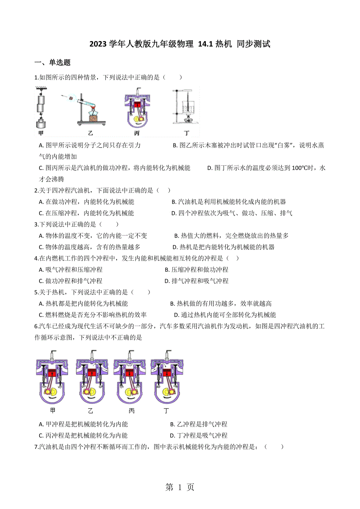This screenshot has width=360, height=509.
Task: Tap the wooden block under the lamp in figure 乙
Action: point(94,118)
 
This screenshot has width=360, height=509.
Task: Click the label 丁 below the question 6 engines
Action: point(167,410)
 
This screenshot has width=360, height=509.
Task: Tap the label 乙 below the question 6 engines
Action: point(90,410)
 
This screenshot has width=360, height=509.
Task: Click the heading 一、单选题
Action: point(52,63)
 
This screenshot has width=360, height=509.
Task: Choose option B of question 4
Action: point(196,270)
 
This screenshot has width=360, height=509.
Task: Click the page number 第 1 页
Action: point(180,487)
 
